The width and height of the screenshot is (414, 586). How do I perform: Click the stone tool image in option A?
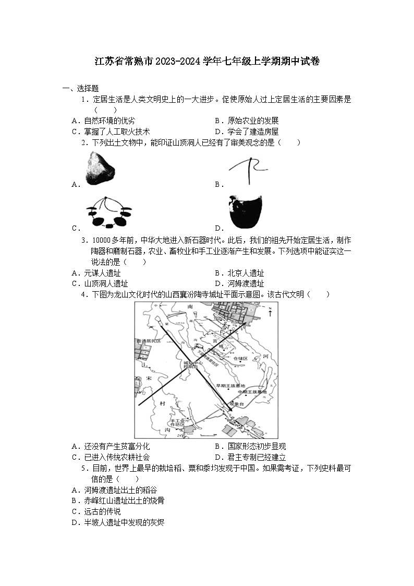coord(99,166)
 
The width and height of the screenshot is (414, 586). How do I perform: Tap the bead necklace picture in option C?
coord(109,212)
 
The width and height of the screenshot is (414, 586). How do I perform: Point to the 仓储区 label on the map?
coord(241,359)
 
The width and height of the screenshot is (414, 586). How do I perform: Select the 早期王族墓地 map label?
coord(230,386)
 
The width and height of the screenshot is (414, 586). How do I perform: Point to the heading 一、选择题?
coord(81,88)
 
